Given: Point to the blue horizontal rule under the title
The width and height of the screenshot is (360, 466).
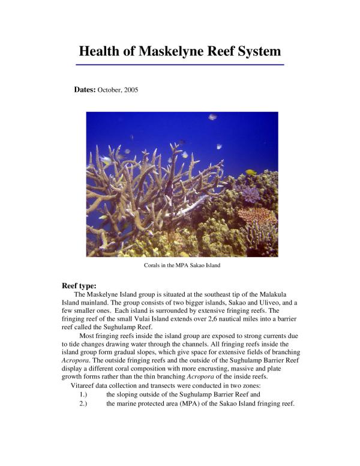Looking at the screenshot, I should tap(180, 64).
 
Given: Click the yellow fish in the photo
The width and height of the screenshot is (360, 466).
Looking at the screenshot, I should tap(250, 172).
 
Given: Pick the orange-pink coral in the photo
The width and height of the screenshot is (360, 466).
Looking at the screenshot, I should tap(256, 216).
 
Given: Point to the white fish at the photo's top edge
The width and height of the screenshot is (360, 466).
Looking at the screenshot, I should tap(212, 117).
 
